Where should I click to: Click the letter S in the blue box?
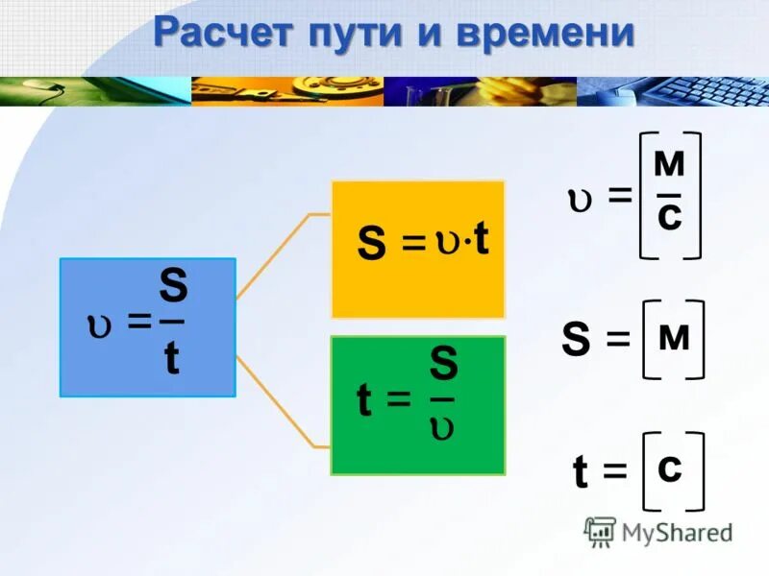tap(173, 286)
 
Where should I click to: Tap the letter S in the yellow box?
tap(372, 243)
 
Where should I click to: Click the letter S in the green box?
tap(443, 366)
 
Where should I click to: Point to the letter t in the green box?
tap(364, 402)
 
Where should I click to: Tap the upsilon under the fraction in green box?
tap(442, 429)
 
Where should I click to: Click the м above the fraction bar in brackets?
tap(669, 165)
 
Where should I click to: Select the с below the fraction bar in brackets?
tap(669, 217)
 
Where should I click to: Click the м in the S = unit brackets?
tap(672, 337)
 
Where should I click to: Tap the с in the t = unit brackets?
tap(671, 468)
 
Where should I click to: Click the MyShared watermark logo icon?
tap(601, 532)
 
